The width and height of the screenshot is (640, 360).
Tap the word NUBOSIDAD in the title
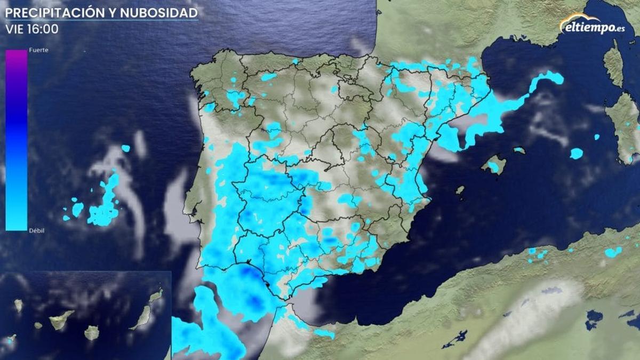[166, 12]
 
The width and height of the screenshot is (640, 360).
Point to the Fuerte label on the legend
[39, 50]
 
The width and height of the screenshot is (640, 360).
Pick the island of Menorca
[519, 150]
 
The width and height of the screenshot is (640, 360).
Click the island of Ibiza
[460, 189]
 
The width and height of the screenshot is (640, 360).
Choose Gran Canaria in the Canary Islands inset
[92, 333]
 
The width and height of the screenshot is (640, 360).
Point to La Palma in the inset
[19, 305]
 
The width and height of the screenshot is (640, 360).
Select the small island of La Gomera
[38, 325]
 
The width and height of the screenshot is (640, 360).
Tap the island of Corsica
[614, 64]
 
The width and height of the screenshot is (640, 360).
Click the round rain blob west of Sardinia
[576, 154]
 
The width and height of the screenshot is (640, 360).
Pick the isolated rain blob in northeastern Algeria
[613, 252]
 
